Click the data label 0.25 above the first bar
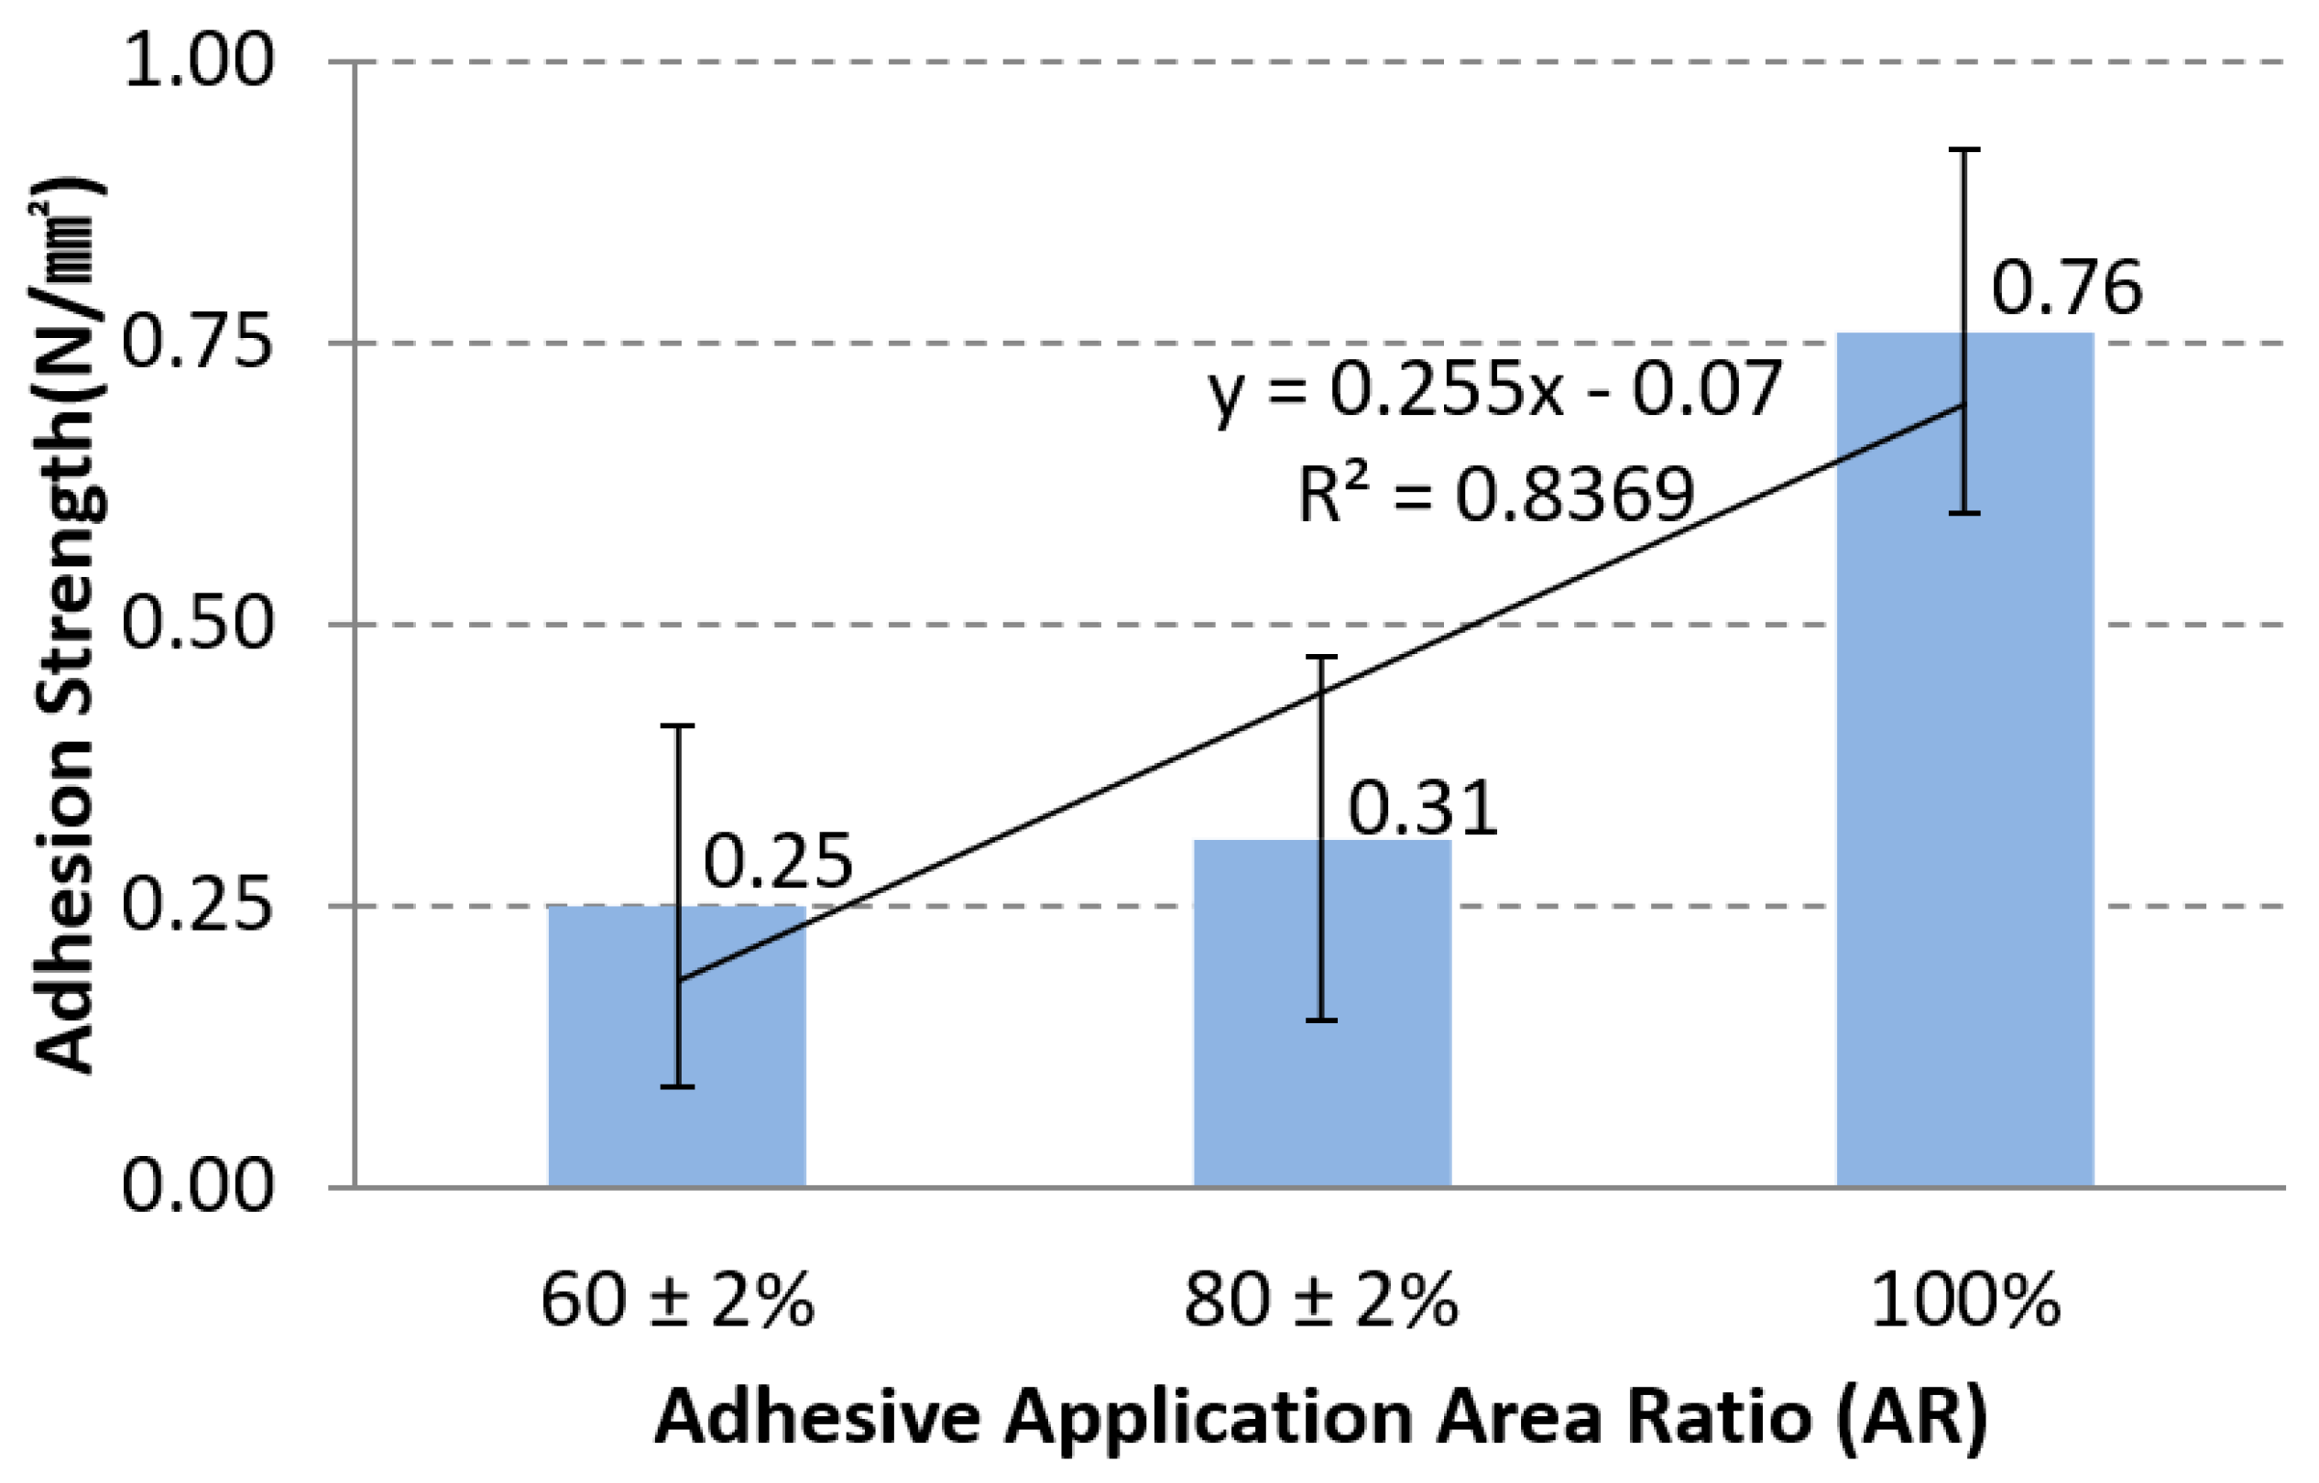tap(778, 861)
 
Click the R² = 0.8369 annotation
tap(1494, 495)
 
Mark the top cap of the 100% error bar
tap(1964, 150)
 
